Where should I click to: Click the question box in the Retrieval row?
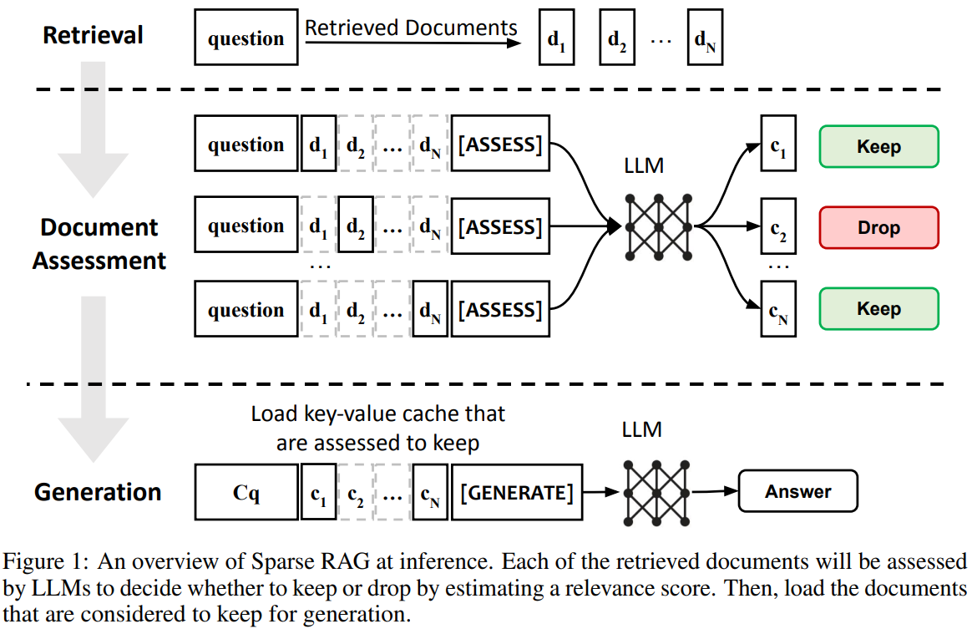246,38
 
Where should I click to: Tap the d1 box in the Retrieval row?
557,38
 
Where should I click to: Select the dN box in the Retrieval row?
705,38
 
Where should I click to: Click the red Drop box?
879,228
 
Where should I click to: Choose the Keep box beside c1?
879,146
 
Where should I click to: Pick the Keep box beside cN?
879,308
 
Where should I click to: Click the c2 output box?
778,226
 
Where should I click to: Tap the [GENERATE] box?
517,492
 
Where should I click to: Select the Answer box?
797,491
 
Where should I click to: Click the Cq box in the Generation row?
246,492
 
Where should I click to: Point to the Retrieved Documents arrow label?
411,28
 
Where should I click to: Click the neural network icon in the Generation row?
656,493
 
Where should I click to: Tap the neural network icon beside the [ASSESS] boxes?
658,227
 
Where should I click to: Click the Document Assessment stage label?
99,244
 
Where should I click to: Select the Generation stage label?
98,492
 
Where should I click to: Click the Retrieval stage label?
93,35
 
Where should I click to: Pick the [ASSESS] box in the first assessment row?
500,144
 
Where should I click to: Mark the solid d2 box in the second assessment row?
356,225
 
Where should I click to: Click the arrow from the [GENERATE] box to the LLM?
600,492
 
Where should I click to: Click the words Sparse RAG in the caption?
310,561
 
